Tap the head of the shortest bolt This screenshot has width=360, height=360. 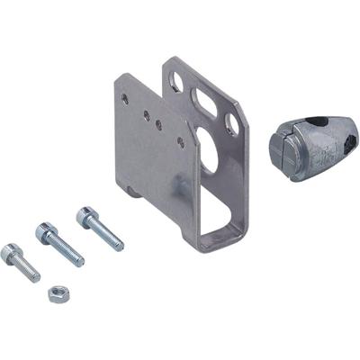[11, 252]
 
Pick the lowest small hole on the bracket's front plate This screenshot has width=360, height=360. [182, 142]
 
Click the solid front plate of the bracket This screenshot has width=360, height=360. [153, 153]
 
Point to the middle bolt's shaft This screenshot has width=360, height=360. [67, 251]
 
